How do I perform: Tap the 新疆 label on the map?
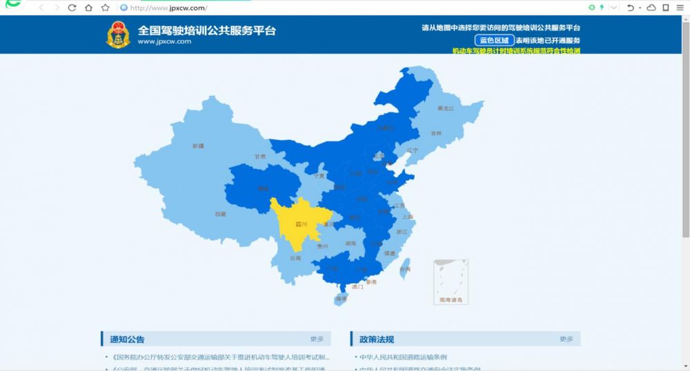[199, 146]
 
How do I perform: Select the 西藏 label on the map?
[220, 214]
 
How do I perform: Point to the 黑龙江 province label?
[446, 109]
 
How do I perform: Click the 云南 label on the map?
[295, 258]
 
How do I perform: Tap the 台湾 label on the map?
[405, 269]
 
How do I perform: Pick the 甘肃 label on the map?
[259, 157]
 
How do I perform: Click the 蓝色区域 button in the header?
[493, 40]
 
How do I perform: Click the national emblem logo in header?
[118, 34]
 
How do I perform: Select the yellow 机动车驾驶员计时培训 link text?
[515, 51]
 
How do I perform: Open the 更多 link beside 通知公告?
[317, 339]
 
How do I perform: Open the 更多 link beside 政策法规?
[566, 339]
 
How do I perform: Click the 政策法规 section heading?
[377, 339]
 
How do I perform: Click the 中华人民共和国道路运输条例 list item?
[403, 357]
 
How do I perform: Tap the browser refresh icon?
[72, 8]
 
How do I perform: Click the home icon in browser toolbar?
[88, 8]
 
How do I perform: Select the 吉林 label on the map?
[436, 133]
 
